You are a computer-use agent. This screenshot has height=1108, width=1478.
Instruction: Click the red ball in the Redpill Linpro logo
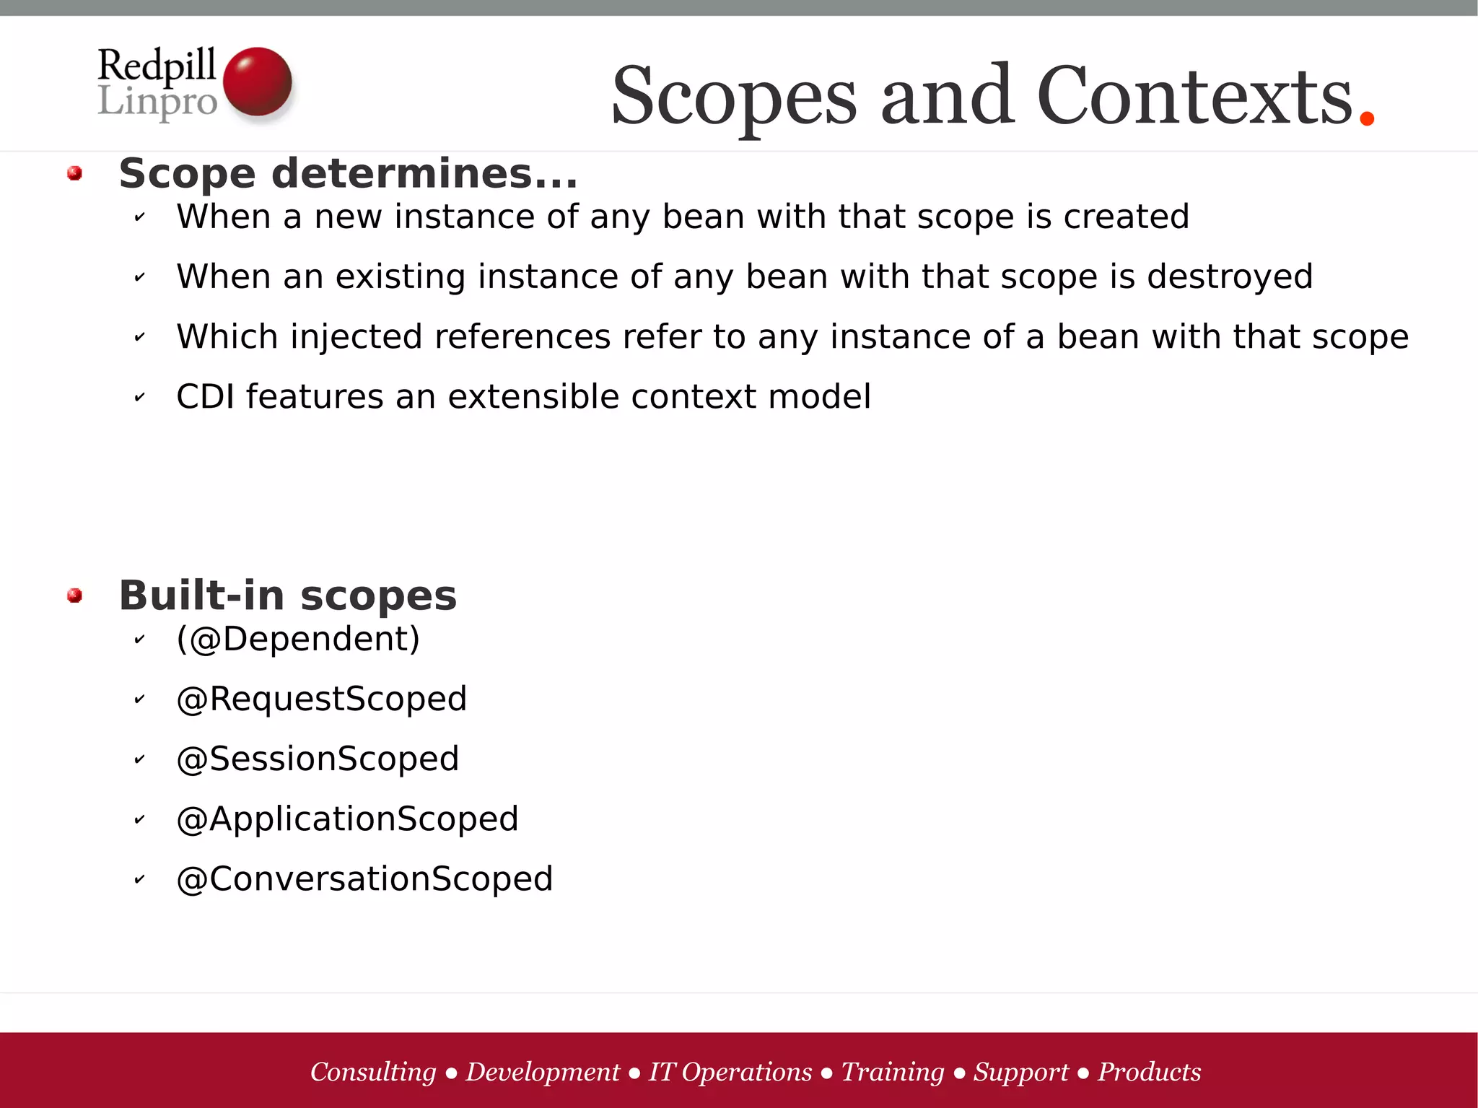257,82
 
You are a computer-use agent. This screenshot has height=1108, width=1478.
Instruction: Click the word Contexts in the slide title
1194,96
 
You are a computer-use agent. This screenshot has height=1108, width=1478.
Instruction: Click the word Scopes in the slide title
734,96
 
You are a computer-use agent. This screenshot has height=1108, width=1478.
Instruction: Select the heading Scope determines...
348,174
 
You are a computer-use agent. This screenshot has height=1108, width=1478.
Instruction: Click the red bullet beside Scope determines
74,173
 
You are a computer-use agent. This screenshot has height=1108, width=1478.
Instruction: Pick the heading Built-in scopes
287,596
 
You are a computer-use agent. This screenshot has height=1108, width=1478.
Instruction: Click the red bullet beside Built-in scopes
74,596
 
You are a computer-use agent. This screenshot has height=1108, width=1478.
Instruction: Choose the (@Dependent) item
298,640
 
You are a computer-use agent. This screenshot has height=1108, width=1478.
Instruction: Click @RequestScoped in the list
322,699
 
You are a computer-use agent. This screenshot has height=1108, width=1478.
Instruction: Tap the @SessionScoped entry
318,759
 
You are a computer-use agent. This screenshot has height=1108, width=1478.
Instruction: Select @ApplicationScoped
347,819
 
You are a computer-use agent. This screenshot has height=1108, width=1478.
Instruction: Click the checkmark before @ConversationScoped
140,879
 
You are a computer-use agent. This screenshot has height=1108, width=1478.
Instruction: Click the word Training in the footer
893,1072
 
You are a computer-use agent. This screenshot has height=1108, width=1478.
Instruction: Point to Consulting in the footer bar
373,1072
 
